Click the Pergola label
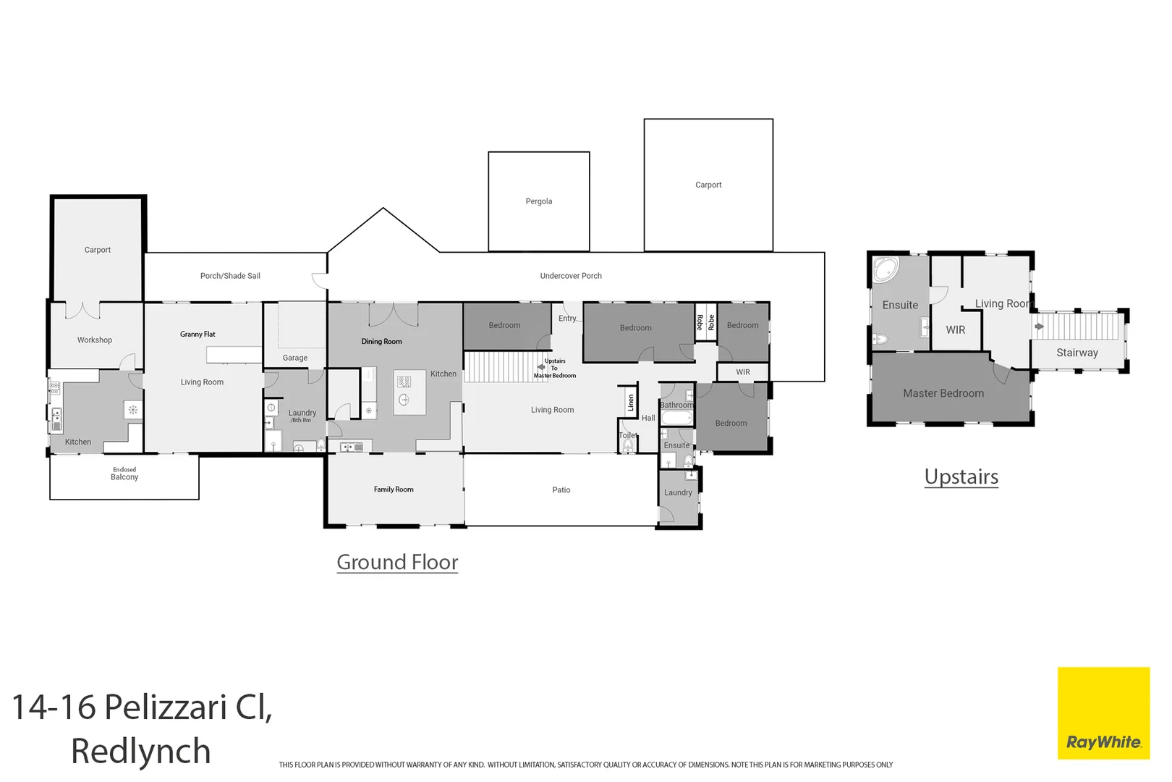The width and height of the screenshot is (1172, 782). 538,201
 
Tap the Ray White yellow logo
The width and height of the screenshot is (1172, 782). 1103,712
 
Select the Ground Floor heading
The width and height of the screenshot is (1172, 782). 397,562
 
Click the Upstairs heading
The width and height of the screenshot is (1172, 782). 961,476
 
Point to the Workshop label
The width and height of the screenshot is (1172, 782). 95,340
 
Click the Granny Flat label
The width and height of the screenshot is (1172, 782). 198,334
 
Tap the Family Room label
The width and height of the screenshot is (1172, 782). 394,489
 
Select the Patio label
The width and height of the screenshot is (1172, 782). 561,490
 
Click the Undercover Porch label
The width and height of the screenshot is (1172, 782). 571,276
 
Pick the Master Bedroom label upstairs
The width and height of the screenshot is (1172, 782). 943,393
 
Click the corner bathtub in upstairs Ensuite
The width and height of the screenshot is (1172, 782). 885,269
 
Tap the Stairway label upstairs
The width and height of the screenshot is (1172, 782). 1077,353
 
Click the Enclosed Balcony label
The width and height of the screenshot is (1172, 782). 124,474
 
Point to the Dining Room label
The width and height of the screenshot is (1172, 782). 381,341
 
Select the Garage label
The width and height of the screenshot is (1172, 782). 294,358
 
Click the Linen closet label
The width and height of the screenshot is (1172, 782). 631,403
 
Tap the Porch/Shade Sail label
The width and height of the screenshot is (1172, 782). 230,276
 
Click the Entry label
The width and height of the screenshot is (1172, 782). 567,319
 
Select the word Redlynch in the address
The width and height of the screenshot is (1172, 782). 140,751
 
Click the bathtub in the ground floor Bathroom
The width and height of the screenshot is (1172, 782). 676,419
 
